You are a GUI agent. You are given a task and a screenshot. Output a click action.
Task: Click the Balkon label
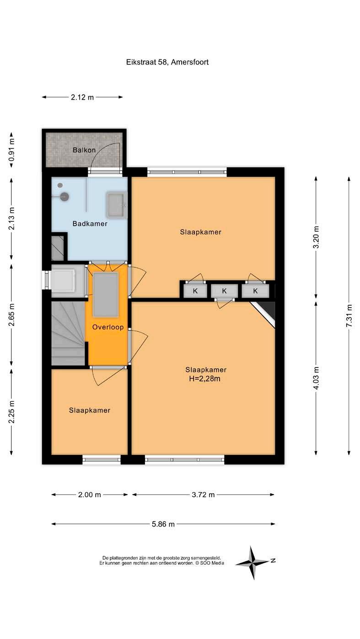click(x=84, y=150)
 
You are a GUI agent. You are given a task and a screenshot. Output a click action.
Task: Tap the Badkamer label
click(x=90, y=224)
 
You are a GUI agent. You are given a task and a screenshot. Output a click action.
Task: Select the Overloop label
click(x=108, y=327)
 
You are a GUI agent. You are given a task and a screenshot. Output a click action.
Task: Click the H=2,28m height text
click(x=204, y=379)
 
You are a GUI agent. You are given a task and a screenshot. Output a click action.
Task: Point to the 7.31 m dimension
click(x=349, y=316)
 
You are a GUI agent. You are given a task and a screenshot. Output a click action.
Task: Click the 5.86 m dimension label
click(x=163, y=524)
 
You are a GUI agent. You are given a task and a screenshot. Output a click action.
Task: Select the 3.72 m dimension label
click(x=203, y=495)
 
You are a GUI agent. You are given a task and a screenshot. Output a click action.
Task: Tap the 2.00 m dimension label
click(x=89, y=495)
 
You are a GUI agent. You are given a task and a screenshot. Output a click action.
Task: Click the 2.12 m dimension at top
click(x=82, y=97)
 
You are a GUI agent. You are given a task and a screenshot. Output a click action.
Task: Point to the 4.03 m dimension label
click(x=316, y=378)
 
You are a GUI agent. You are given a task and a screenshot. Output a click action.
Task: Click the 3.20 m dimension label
click(x=316, y=237)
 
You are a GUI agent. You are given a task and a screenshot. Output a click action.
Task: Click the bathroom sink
click(x=117, y=205)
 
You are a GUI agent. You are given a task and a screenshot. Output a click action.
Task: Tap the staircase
click(x=69, y=333)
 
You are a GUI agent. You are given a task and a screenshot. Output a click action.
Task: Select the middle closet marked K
click(x=225, y=291)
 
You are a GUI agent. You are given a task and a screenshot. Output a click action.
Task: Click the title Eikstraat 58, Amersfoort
click(x=167, y=62)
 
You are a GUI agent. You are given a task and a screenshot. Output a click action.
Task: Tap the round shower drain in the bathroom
click(x=65, y=197)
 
